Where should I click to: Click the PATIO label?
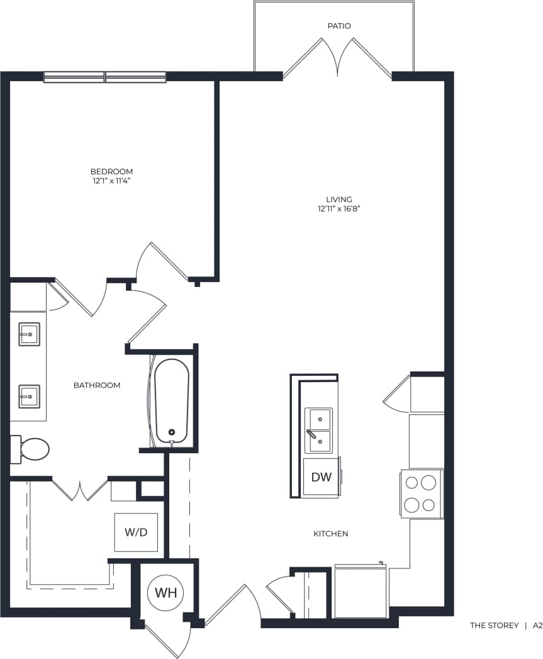pyautogui.click(x=339, y=26)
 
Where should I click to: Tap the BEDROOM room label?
pyautogui.click(x=111, y=171)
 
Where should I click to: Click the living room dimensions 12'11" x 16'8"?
pyautogui.click(x=339, y=208)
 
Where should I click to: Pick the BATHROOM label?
pyautogui.click(x=97, y=385)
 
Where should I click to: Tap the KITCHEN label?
pyautogui.click(x=330, y=534)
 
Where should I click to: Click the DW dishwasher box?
pyautogui.click(x=321, y=477)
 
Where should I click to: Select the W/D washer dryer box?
pyautogui.click(x=135, y=532)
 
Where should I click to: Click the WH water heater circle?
pyautogui.click(x=166, y=592)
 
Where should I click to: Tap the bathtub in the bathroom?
pyautogui.click(x=171, y=400)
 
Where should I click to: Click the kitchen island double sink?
pyautogui.click(x=318, y=431)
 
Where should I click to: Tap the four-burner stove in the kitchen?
pyautogui.click(x=421, y=494)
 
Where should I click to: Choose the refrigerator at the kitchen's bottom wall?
pyautogui.click(x=361, y=592)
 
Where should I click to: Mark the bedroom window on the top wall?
pyautogui.click(x=104, y=77)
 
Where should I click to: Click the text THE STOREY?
pyautogui.click(x=494, y=626)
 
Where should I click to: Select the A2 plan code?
pyautogui.click(x=537, y=626)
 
